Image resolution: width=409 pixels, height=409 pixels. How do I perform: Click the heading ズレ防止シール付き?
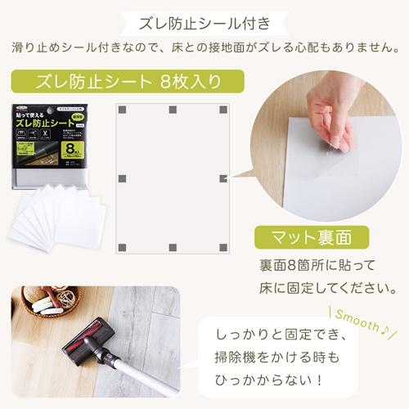click(x=204, y=19)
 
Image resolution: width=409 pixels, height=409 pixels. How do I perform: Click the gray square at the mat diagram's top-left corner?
click(x=122, y=110)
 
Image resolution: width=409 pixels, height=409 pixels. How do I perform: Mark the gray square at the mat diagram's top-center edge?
click(x=172, y=110)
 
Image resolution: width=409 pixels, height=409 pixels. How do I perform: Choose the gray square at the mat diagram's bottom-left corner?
click(x=122, y=247)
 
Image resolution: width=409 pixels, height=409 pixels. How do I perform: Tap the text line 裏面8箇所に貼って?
click(x=317, y=267)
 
